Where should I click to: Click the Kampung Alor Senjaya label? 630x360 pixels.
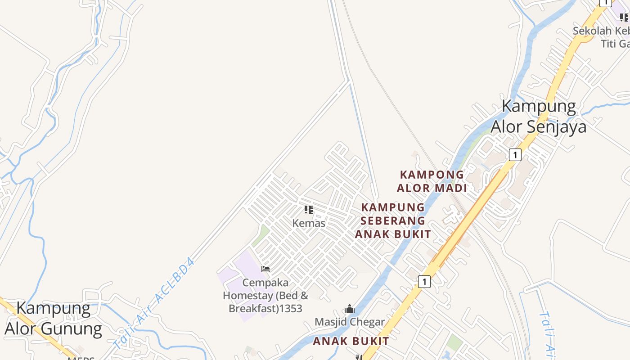pos(539,117)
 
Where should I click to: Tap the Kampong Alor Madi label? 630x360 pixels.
pos(432,181)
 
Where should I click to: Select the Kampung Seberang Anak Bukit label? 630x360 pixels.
pos(393,220)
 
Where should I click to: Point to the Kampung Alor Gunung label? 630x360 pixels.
pos(54,319)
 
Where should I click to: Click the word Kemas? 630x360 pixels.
pos(309,223)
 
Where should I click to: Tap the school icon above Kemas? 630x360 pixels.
pos(309,210)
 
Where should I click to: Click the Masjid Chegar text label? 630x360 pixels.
pos(350,322)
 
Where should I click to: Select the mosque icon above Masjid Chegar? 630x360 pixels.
pos(350,309)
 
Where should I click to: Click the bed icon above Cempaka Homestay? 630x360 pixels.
pos(265,269)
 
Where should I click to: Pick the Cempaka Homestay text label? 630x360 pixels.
pos(265,296)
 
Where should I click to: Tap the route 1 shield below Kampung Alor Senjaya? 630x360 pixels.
pos(515,155)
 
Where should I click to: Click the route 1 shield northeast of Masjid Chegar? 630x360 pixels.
pos(424,282)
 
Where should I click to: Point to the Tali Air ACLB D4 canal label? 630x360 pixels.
pos(154,304)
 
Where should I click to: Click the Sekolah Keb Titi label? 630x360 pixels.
pos(601,37)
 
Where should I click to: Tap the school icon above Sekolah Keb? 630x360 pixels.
pos(624,18)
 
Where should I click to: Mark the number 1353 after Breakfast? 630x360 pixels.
pos(291,309)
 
